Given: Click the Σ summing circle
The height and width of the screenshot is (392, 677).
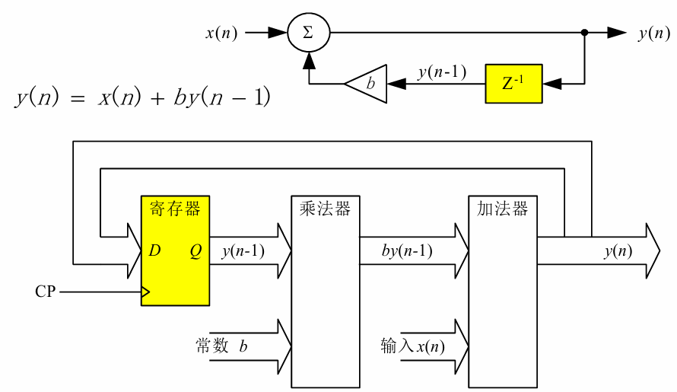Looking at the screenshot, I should pyautogui.click(x=308, y=33).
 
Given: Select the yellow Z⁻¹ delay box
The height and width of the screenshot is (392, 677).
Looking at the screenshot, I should pyautogui.click(x=513, y=83).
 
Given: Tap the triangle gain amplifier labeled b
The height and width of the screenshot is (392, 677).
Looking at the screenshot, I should pyautogui.click(x=367, y=84).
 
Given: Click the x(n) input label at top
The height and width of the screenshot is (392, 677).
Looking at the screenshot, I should pyautogui.click(x=221, y=33).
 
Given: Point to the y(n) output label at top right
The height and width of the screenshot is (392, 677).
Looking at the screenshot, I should pyautogui.click(x=653, y=33).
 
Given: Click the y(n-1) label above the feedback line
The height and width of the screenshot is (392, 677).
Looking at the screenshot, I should pyautogui.click(x=441, y=72).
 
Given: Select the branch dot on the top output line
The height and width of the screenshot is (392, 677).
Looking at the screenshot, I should pyautogui.click(x=584, y=33).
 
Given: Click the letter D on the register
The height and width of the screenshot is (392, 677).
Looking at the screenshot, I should pyautogui.click(x=154, y=250).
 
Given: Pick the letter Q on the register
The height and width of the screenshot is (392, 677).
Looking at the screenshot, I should pyautogui.click(x=195, y=250).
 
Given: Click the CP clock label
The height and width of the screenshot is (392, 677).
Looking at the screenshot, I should pyautogui.click(x=46, y=292).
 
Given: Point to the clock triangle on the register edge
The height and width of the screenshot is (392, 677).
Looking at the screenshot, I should pyautogui.click(x=145, y=292).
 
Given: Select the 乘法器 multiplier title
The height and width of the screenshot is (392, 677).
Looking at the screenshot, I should pyautogui.click(x=326, y=209).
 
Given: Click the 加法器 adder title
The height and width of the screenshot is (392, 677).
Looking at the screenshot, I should pyautogui.click(x=502, y=209).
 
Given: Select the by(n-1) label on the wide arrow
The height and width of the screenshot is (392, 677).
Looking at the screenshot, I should pyautogui.click(x=408, y=251).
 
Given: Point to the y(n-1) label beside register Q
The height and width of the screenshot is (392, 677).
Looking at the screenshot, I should pyautogui.click(x=243, y=251).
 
